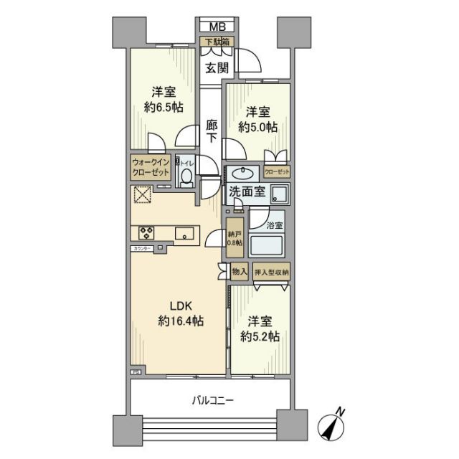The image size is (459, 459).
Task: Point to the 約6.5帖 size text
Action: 163,108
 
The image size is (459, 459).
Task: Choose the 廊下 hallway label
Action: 211,131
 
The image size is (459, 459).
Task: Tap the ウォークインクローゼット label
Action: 150,168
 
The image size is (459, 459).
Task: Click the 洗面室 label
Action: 248,191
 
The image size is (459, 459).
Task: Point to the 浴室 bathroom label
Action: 275,225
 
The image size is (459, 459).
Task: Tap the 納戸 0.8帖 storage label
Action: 235,238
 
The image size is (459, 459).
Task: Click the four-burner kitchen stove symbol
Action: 147,232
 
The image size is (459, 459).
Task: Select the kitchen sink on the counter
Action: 182,232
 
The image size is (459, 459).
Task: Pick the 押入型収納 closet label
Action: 272,272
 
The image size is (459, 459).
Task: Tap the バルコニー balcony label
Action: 212,399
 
